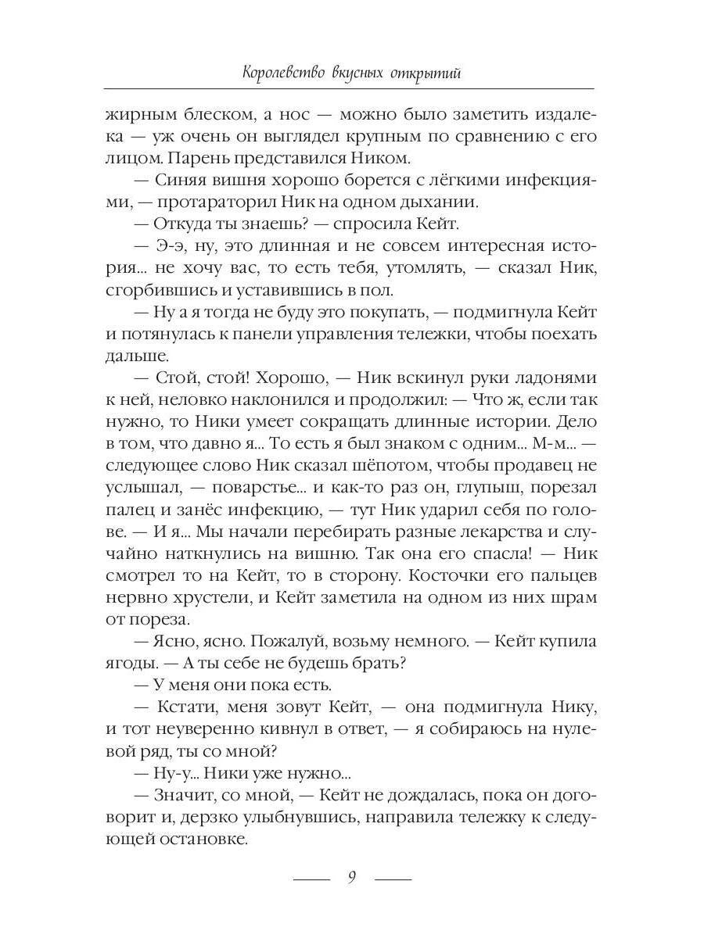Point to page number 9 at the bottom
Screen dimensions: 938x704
(x=352, y=877)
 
